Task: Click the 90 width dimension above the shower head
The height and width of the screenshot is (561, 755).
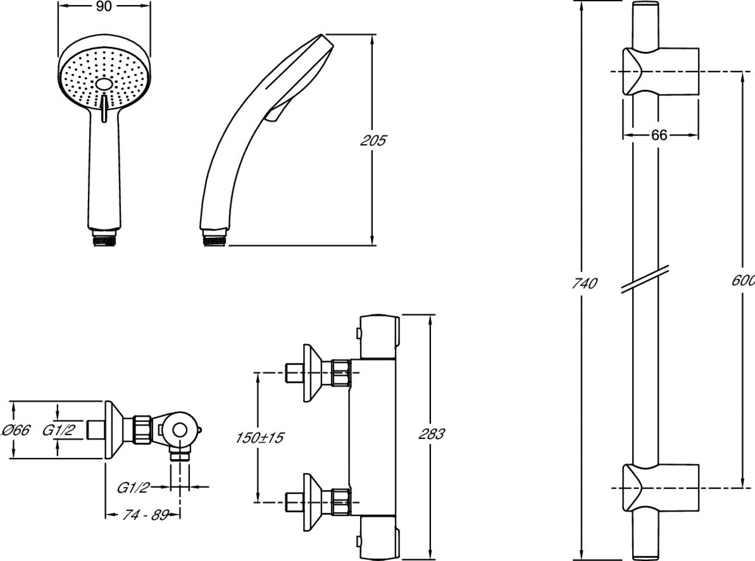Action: click(104, 7)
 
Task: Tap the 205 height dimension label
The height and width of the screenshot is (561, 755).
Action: click(373, 140)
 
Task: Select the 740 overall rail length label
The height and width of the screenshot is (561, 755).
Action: click(584, 283)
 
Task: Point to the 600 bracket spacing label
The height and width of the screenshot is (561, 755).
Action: click(743, 280)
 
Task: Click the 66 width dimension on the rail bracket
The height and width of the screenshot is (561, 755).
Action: click(659, 135)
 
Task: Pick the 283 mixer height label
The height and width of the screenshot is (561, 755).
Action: click(431, 434)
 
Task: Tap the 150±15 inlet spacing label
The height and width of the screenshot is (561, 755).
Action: click(260, 438)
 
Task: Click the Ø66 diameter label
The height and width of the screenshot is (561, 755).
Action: click(16, 430)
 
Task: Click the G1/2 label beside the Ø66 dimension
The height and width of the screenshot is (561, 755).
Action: click(58, 430)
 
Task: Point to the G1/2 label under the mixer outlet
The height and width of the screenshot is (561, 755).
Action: click(134, 488)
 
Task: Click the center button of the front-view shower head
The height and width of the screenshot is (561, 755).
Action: click(104, 84)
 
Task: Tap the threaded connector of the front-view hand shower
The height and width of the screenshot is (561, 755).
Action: click(104, 238)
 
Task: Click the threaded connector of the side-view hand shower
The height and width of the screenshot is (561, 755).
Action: click(214, 238)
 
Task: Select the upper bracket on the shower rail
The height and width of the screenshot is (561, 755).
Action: click(661, 71)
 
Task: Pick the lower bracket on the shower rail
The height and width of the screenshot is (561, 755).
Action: click(661, 488)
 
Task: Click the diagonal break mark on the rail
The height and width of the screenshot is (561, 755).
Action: click(645, 279)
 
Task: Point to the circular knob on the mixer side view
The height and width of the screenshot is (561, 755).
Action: click(180, 430)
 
